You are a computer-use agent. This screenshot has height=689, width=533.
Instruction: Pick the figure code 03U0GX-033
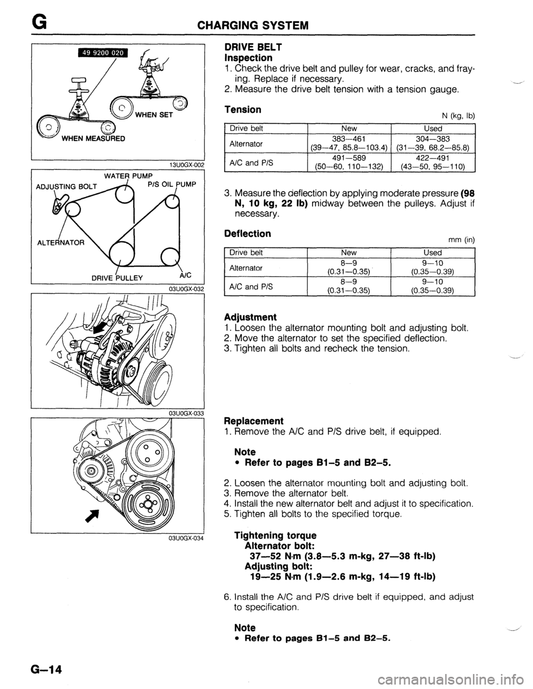click(185, 413)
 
